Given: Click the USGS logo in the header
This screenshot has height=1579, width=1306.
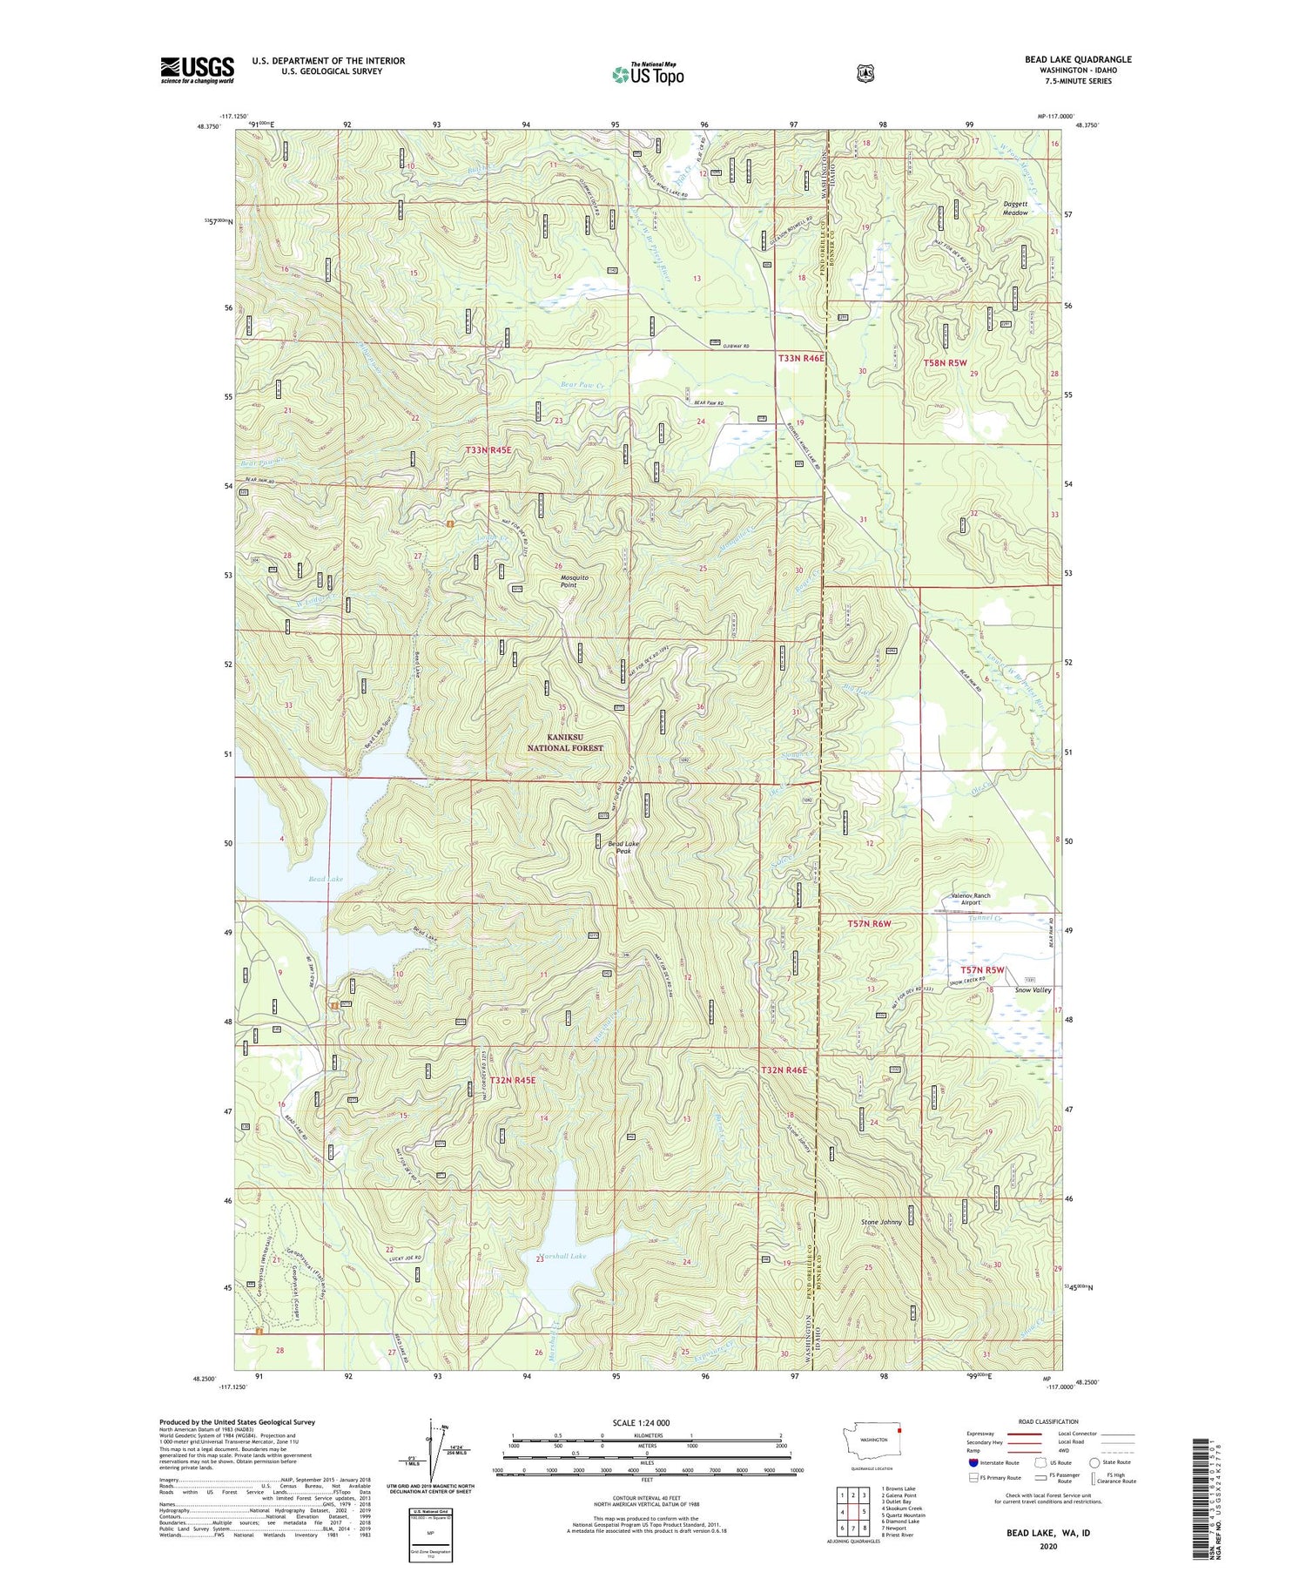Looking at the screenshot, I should [197, 70].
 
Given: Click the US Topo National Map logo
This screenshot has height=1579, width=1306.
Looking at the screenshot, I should [648, 73].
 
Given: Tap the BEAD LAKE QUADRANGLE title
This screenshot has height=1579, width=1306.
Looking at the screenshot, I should [1078, 59].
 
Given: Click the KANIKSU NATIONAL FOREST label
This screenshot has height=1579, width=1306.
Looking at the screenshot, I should [565, 742].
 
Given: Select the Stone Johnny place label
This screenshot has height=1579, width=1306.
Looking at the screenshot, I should [881, 1222].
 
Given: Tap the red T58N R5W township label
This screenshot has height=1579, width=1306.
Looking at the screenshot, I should [945, 362].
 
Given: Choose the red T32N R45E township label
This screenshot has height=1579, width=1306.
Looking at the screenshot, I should [512, 1080].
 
